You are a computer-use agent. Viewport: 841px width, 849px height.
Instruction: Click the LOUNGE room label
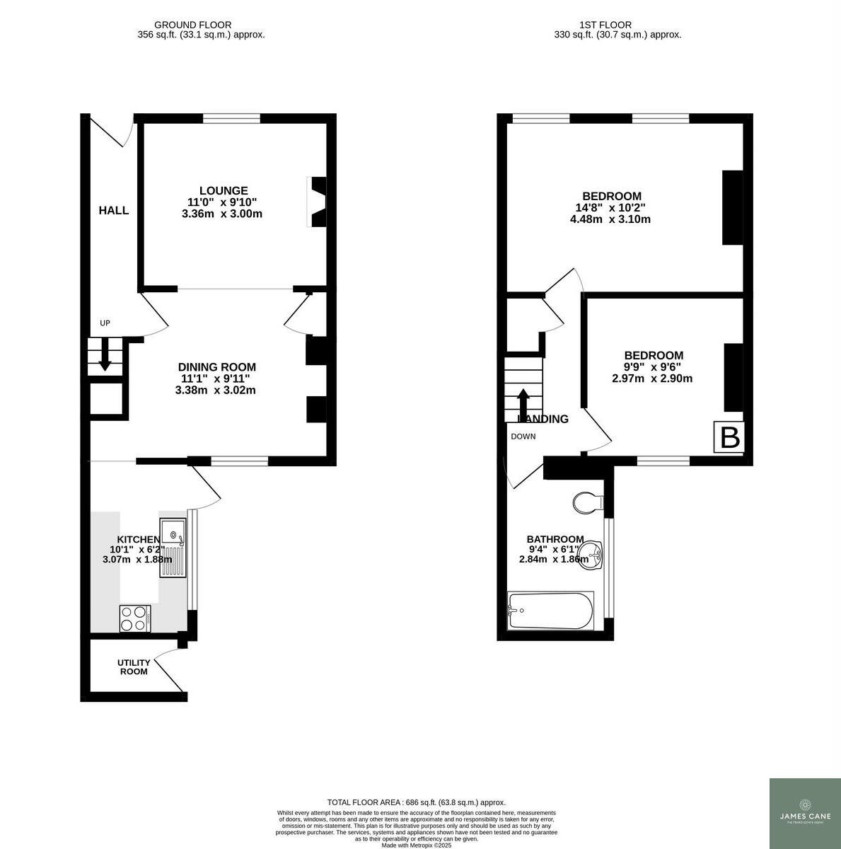224,190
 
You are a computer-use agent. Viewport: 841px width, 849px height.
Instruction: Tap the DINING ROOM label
216,367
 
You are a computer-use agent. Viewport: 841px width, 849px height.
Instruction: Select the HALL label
113,210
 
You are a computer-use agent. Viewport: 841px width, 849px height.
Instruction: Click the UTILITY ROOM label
134,667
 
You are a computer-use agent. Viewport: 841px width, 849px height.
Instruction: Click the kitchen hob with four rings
134,618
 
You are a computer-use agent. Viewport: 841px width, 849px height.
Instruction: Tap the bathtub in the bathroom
550,611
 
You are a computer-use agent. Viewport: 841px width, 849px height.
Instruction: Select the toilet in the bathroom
587,503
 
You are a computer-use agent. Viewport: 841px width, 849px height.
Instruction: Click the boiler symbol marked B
729,438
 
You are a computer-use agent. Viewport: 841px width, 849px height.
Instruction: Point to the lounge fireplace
318,202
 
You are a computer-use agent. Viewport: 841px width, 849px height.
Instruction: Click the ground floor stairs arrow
105,356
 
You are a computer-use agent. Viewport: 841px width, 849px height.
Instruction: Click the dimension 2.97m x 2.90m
651,379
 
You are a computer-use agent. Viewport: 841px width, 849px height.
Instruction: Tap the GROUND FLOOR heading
192,25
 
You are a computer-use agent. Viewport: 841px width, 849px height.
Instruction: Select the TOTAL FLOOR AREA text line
416,802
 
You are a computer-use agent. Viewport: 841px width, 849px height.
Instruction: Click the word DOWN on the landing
523,437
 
